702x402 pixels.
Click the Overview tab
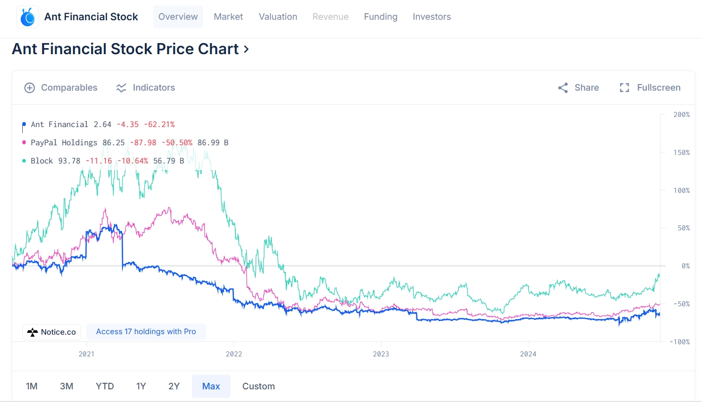(x=178, y=17)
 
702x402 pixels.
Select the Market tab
(x=228, y=17)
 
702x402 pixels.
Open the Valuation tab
(x=278, y=17)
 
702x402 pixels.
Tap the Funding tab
(x=380, y=17)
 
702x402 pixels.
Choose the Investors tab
(x=432, y=17)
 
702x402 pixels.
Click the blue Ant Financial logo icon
(x=27, y=17)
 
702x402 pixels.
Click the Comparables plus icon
(x=29, y=88)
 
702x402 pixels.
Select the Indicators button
(x=145, y=88)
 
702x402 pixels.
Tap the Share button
(x=578, y=88)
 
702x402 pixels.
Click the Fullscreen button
(x=650, y=88)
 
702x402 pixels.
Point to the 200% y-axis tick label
(x=681, y=115)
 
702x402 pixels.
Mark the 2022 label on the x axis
(x=234, y=354)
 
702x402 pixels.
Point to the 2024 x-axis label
(x=528, y=354)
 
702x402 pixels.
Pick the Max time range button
(x=211, y=386)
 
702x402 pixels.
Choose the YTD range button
(x=105, y=386)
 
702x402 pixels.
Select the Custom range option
(x=258, y=386)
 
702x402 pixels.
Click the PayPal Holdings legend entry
(x=64, y=143)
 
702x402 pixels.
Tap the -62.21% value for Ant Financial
(x=159, y=125)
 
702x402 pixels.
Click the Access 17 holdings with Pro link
(x=146, y=332)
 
